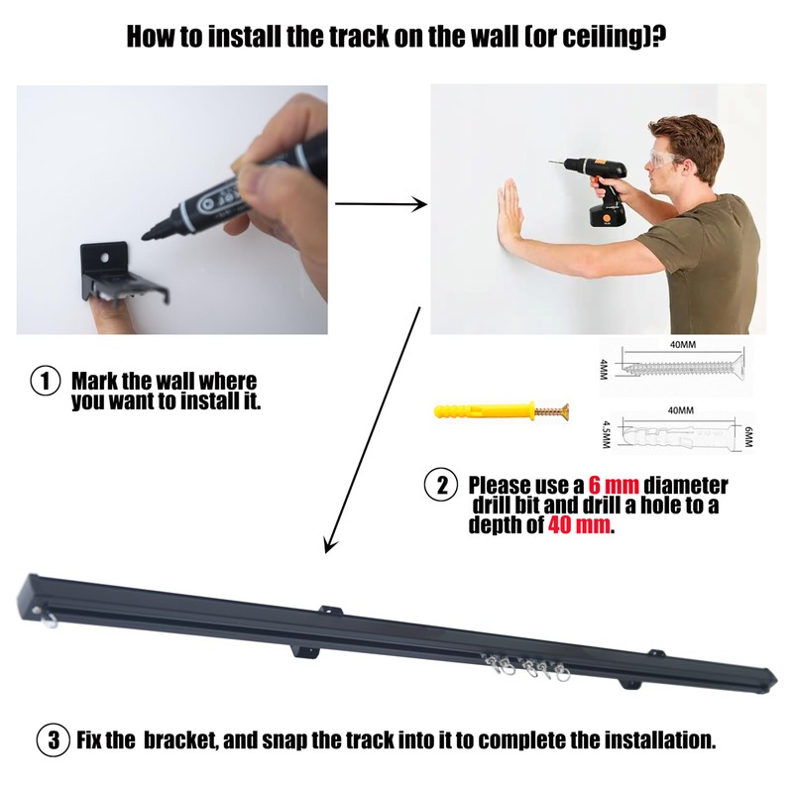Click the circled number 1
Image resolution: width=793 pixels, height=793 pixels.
pyautogui.click(x=45, y=382)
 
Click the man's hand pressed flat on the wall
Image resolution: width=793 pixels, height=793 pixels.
pyautogui.click(x=512, y=208)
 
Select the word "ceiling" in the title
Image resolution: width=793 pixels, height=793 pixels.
pyautogui.click(x=590, y=38)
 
